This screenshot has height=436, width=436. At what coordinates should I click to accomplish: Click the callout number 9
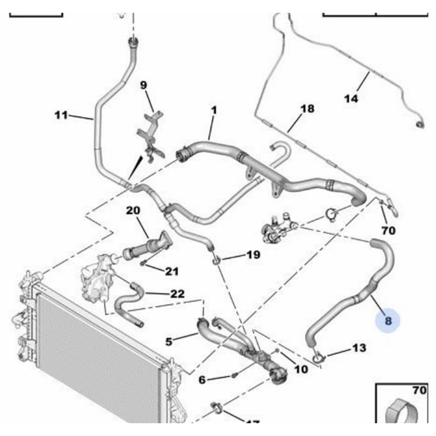tap(144, 85)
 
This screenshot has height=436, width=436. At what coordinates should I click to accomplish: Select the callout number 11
tap(61, 115)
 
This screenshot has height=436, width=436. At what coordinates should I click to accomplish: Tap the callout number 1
tap(214, 110)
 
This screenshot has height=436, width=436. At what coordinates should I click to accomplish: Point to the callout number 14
tap(351, 99)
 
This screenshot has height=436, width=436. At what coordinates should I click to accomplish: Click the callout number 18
tap(308, 109)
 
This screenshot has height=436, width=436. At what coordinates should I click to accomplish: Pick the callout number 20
tap(133, 210)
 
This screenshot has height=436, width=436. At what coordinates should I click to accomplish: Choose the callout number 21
tap(171, 271)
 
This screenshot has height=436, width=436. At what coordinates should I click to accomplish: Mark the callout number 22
tap(177, 294)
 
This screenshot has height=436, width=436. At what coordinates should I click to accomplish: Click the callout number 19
tap(253, 255)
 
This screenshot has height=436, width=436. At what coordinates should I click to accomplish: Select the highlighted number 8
tap(388, 321)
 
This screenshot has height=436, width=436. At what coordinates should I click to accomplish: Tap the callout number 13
tap(359, 348)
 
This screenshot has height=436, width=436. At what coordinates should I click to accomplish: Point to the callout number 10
tap(301, 369)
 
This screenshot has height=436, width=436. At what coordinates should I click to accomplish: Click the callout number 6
tap(202, 380)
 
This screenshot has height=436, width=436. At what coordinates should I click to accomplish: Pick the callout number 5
tap(169, 342)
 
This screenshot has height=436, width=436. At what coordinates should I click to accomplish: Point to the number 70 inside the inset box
tap(419, 390)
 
